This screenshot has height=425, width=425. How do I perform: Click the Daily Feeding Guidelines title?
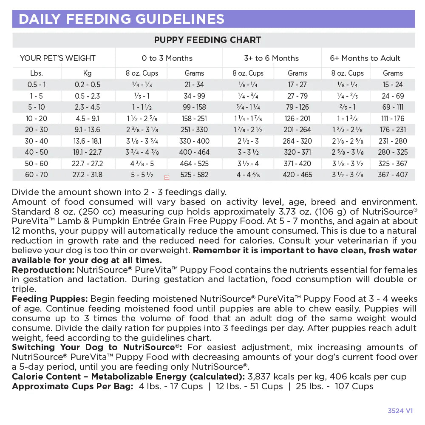click(121, 19)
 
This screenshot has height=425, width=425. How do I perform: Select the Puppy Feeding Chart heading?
click(207, 40)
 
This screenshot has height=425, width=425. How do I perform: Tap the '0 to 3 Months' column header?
click(167, 58)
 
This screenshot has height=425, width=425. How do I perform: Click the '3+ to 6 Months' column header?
click(271, 58)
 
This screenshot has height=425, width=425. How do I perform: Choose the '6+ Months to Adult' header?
click(365, 58)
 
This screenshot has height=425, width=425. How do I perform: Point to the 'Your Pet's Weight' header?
click(58, 58)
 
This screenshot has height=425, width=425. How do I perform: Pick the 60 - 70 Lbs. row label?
click(37, 175)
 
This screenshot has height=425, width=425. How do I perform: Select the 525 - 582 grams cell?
click(194, 175)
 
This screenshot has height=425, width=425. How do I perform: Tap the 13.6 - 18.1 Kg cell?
click(87, 141)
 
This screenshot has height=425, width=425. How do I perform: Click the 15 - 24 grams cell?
click(392, 85)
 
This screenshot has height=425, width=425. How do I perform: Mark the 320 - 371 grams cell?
click(297, 152)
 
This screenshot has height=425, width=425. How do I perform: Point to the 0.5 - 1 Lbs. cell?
click(37, 85)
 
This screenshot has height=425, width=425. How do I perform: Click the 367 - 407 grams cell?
click(392, 175)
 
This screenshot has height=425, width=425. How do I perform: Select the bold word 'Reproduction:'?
click(43, 270)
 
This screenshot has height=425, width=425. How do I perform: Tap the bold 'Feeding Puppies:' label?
click(50, 299)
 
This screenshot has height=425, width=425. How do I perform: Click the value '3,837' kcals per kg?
click(260, 377)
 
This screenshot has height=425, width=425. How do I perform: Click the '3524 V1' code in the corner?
click(400, 411)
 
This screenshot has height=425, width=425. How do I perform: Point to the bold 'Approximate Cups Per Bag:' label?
click(72, 386)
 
